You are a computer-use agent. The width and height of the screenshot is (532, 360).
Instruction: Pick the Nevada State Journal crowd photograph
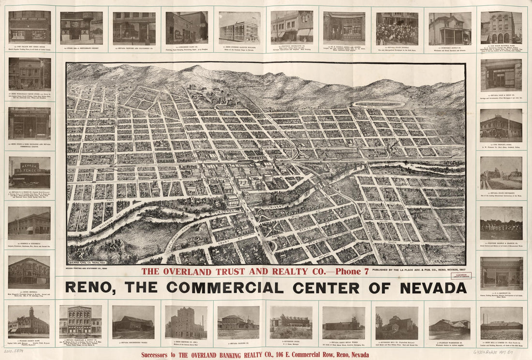coord(397,29)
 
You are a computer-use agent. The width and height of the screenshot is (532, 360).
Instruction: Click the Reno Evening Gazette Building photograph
coord(239,28)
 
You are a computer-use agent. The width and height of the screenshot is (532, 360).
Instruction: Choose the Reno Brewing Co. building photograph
coord(186,322)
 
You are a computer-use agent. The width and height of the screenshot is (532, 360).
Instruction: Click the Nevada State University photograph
coord(502,173)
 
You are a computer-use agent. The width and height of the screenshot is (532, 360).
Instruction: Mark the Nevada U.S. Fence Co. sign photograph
coord(29,173)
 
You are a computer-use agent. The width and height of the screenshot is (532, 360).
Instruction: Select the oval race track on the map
coord(379,104)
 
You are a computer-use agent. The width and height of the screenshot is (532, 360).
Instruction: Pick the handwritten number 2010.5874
coord(14,351)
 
